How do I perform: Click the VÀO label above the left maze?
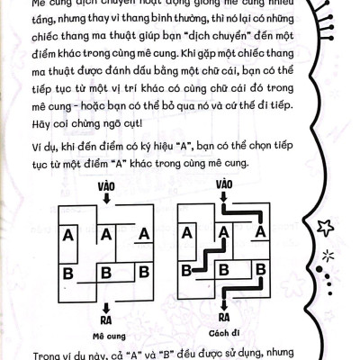105,186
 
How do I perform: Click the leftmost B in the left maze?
67,271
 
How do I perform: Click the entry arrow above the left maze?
105,199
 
